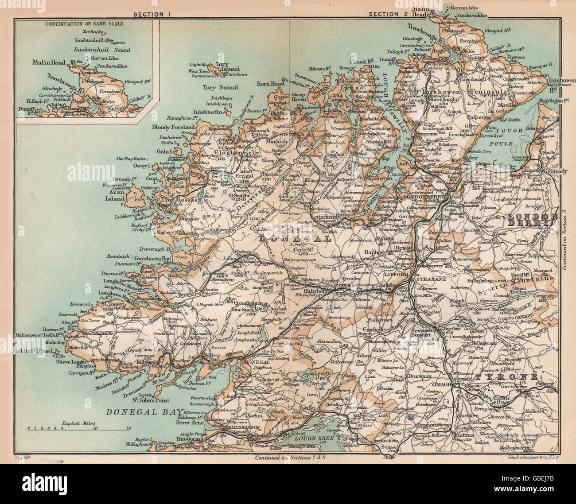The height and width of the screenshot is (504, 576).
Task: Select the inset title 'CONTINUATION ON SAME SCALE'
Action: point(84,24)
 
